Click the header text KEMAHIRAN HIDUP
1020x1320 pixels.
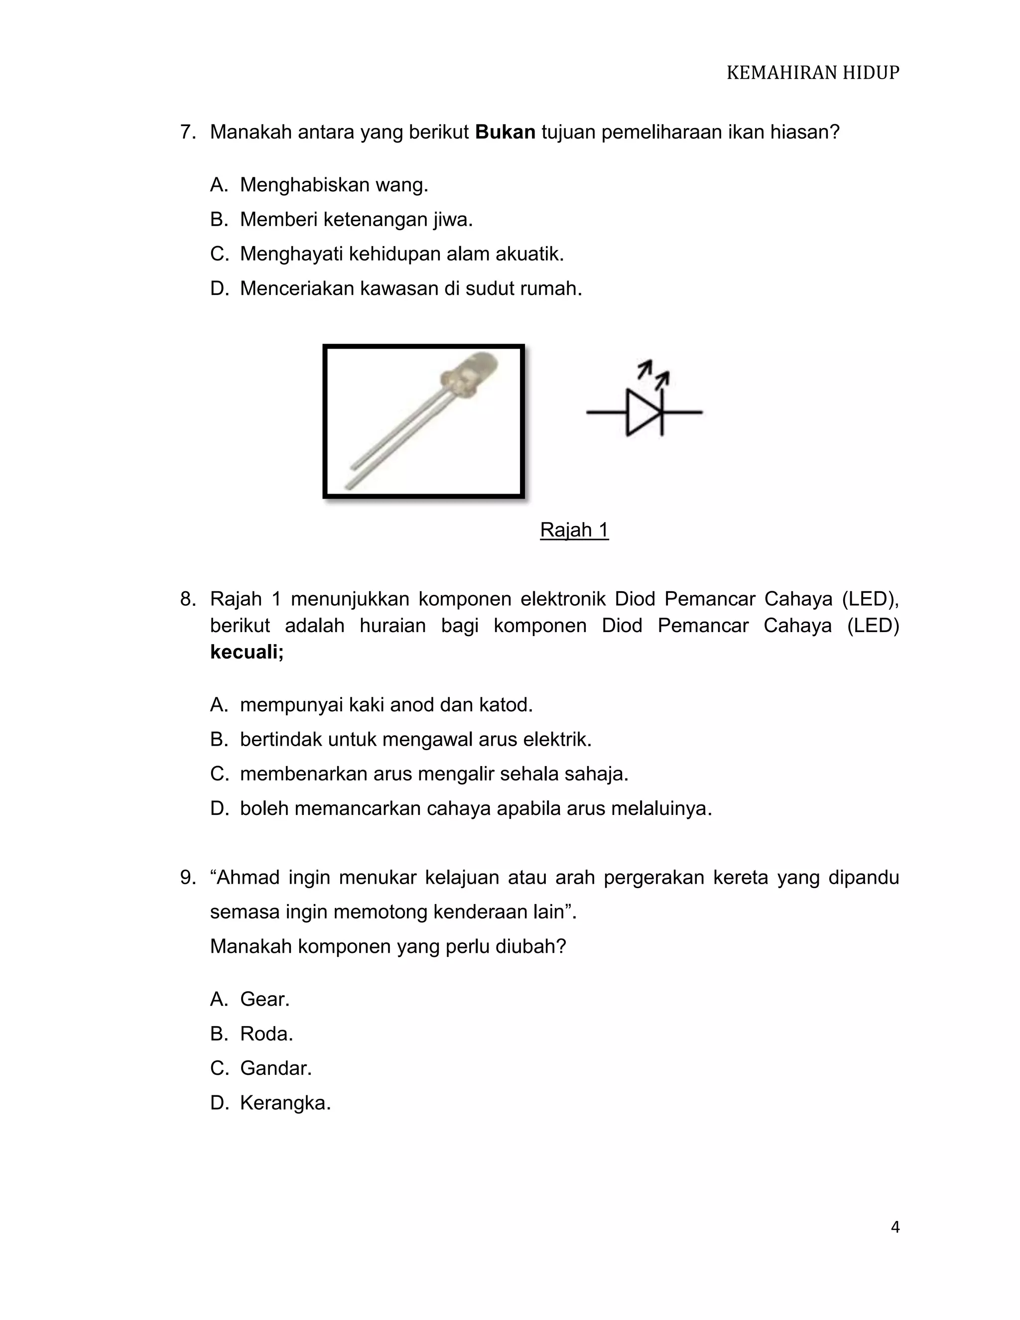click(x=812, y=73)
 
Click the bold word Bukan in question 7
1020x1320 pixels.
click(x=505, y=132)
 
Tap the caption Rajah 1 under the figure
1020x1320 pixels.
click(x=574, y=530)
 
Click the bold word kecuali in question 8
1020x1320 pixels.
click(x=247, y=652)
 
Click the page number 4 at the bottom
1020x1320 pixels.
click(x=895, y=1227)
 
